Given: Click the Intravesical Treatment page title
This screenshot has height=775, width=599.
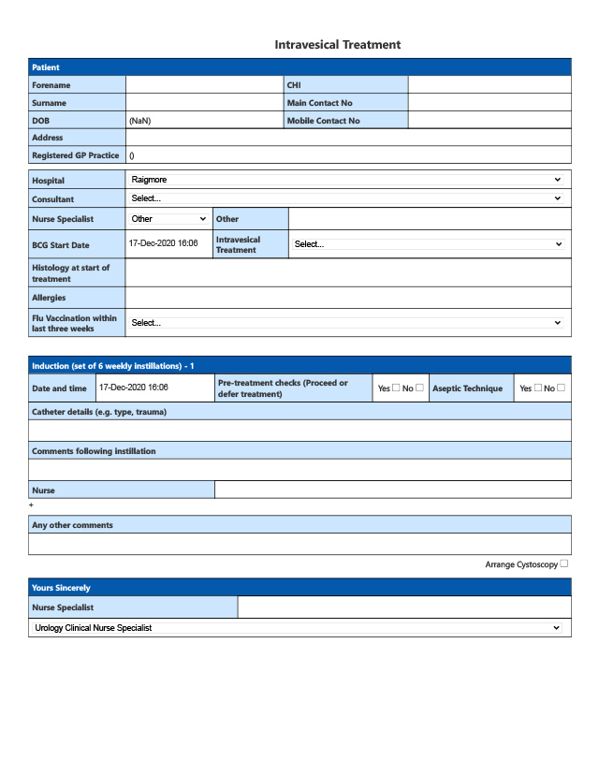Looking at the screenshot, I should tap(337, 45).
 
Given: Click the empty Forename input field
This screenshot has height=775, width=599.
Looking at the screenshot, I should tap(204, 85).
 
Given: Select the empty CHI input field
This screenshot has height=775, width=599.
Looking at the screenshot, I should tap(489, 85).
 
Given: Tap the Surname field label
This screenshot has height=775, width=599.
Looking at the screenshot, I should tap(50, 103).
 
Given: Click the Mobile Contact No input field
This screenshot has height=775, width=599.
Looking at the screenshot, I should tap(489, 121).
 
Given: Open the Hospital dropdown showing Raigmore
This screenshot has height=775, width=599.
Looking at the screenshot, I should tap(346, 180).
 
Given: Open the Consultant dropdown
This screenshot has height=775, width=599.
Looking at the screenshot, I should tap(346, 198).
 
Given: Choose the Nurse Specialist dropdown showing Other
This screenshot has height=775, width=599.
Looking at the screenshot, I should tap(169, 219).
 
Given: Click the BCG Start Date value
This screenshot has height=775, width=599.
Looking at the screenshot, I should tap(164, 243).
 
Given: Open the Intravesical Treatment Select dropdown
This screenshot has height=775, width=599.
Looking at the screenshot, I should tap(429, 244).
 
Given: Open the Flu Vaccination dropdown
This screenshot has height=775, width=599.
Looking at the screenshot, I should tap(346, 323).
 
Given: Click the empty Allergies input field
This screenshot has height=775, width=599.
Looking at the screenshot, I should tap(347, 298).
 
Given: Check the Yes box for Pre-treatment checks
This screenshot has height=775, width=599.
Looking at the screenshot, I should tap(396, 387).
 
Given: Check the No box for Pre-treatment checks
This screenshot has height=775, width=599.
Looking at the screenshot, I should tap(419, 387).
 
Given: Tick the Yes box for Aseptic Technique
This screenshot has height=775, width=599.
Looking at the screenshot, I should tap(538, 387).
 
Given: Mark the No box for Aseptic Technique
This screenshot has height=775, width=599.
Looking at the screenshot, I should tap(562, 387).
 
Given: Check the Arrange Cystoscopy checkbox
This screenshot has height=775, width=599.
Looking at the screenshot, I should tap(563, 563).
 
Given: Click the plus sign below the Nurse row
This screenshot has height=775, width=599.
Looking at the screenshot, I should tap(32, 505).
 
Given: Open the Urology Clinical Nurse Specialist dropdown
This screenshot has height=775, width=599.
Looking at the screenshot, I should tap(299, 628).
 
